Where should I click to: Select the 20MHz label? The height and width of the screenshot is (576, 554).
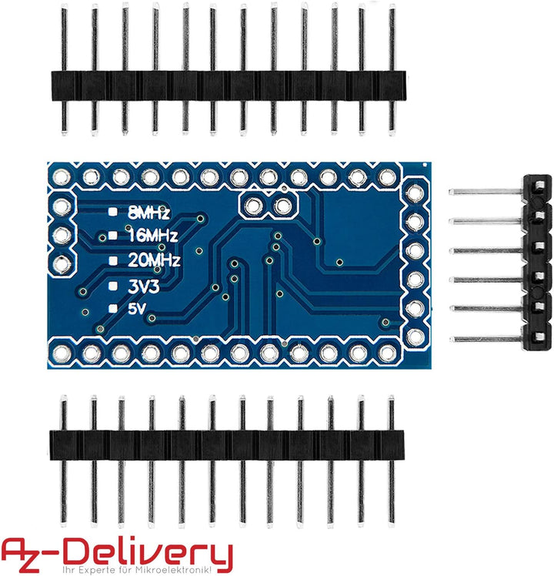tap(155, 260)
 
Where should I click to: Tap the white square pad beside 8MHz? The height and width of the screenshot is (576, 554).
tap(113, 210)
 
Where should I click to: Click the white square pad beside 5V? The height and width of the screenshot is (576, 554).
tap(113, 309)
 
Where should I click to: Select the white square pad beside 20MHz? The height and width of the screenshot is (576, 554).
tap(113, 260)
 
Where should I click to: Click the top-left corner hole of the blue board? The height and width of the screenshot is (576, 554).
tap(62, 178)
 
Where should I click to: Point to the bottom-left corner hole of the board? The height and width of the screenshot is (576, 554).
tap(62, 353)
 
